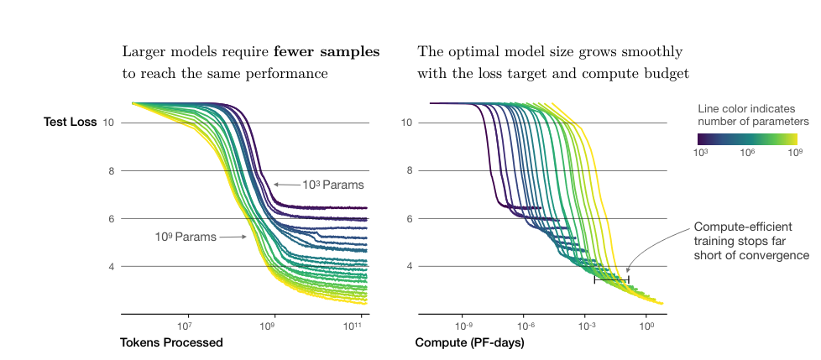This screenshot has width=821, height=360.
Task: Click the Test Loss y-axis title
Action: click(x=71, y=123)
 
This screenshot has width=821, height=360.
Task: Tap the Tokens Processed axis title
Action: click(x=171, y=342)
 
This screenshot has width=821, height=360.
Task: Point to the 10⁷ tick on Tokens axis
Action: click(x=186, y=325)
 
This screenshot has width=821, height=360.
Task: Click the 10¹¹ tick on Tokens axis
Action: click(x=355, y=325)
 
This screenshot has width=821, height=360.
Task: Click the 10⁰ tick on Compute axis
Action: click(x=646, y=325)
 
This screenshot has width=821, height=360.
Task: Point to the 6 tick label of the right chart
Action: click(x=406, y=219)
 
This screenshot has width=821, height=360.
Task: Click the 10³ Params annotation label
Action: click(x=333, y=185)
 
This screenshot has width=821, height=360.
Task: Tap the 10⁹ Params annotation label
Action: click(x=186, y=237)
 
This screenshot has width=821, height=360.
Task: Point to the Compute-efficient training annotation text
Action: click(x=750, y=241)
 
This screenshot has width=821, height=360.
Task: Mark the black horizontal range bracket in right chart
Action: click(x=611, y=279)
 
